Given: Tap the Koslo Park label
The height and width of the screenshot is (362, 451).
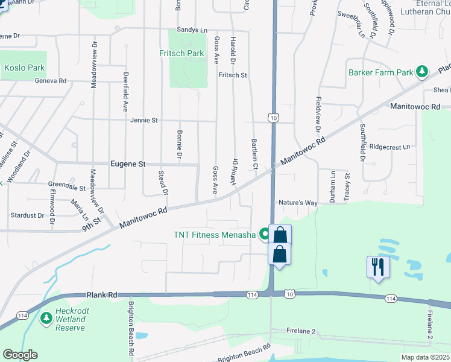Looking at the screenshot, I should [x=25, y=68].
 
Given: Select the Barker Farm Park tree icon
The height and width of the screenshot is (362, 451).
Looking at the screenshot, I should [x=423, y=72].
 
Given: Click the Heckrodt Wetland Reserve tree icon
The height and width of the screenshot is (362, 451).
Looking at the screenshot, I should [x=46, y=317].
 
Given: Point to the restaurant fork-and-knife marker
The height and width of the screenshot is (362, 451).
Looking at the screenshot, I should [x=378, y=266].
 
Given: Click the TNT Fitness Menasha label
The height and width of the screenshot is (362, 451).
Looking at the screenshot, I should [x=215, y=234].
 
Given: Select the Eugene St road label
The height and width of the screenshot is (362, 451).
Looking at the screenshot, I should [x=128, y=164].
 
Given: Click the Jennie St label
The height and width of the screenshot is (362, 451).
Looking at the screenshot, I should [x=143, y=120].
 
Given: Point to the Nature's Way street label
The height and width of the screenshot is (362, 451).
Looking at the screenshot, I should [x=297, y=203].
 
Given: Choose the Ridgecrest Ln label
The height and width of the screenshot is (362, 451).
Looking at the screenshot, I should [x=389, y=147].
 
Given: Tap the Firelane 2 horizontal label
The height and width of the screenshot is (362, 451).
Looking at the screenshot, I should [x=301, y=332].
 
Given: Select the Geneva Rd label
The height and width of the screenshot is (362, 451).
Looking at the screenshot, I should [x=50, y=80].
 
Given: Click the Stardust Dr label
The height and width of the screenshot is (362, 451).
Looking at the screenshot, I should [x=27, y=215].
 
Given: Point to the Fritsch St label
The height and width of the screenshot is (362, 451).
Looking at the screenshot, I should [x=233, y=75].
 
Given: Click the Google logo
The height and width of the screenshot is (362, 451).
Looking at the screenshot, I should [x=20, y=355].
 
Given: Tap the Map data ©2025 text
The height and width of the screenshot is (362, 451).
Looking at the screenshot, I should [x=425, y=357].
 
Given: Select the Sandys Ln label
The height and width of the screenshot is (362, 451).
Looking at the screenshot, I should [x=192, y=30].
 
